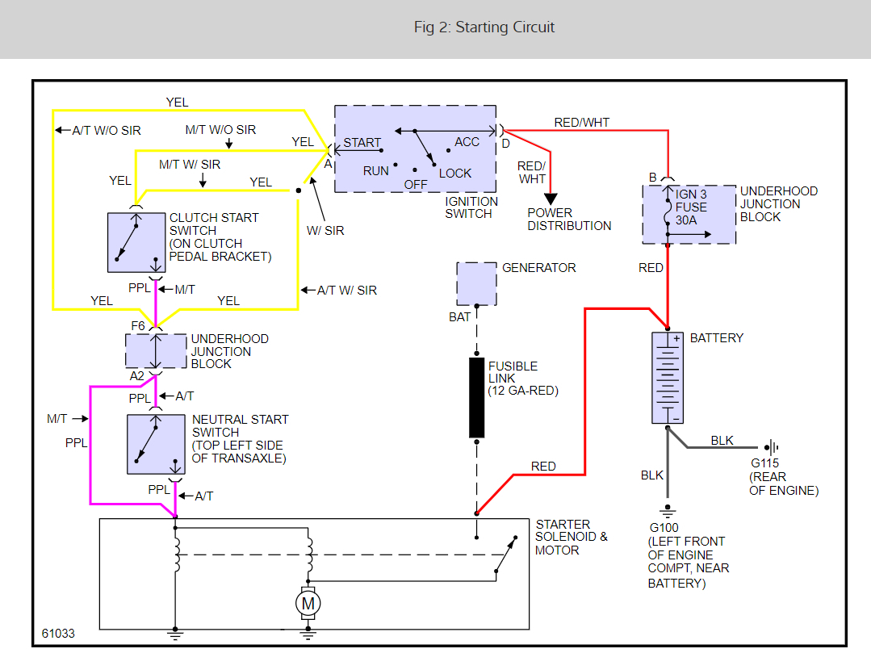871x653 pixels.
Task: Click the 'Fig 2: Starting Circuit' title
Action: [484, 27]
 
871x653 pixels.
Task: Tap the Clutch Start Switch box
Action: [136, 242]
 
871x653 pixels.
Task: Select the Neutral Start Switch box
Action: [156, 444]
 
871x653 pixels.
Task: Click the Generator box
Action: [476, 283]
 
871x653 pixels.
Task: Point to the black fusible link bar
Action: [476, 397]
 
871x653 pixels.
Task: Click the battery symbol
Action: [667, 377]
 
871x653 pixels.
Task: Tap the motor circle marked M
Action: [307, 603]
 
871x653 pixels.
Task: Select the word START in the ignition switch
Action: [362, 143]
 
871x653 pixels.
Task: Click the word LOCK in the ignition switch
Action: [455, 174]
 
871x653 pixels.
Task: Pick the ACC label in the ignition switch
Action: [467, 142]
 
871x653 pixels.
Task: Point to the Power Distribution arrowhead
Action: [551, 199]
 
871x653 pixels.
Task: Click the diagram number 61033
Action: [58, 634]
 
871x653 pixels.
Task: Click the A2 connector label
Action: [137, 375]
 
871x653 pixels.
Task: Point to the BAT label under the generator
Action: [459, 317]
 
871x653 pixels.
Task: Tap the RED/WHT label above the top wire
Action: [582, 123]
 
